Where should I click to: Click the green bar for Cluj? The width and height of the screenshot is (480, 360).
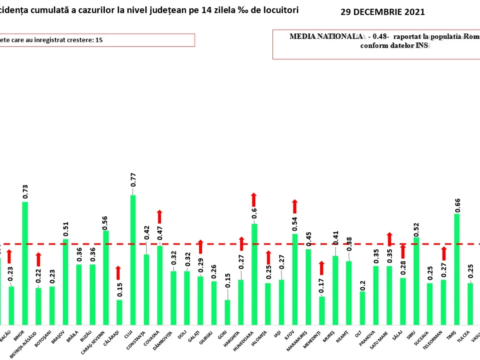pyautogui.click(x=133, y=260)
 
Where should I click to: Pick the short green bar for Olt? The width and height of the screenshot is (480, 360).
pyautogui.click(x=362, y=308)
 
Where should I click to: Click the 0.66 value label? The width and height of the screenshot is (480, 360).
pyautogui.click(x=457, y=204)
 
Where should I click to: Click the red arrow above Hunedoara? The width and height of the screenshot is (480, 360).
pyautogui.click(x=254, y=200)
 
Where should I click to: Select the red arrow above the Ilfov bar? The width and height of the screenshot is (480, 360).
pyautogui.click(x=295, y=206)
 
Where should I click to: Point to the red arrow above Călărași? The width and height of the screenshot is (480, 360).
pyautogui.click(x=118, y=273)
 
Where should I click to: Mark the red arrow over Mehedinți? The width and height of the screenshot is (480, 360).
pyautogui.click(x=321, y=268)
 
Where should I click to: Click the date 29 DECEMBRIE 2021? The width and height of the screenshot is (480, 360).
pyautogui.click(x=382, y=12)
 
